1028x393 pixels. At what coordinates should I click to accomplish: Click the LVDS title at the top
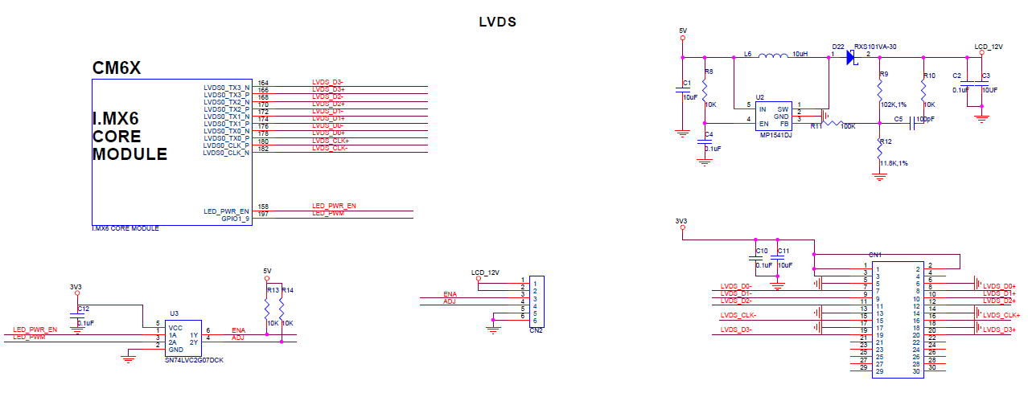(x=497, y=23)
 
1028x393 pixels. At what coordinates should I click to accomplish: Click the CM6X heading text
(x=117, y=69)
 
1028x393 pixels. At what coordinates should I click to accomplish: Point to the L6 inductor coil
(x=773, y=55)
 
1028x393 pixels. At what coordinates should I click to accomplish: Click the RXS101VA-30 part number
(x=875, y=47)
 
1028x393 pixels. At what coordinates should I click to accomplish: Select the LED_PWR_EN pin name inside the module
(x=227, y=211)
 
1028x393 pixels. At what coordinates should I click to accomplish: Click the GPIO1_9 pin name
(x=236, y=219)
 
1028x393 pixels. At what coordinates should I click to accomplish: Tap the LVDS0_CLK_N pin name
(x=226, y=153)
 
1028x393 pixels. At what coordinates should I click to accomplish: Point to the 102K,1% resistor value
(x=893, y=104)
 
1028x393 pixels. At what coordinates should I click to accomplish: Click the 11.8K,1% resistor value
(x=893, y=163)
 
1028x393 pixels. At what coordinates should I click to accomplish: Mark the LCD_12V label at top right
(x=989, y=47)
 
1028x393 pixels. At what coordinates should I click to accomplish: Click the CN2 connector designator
(x=536, y=330)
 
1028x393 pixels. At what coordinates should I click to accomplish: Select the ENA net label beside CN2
(x=450, y=295)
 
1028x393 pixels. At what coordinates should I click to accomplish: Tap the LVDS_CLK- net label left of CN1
(x=738, y=315)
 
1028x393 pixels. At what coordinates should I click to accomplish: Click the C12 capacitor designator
(x=84, y=309)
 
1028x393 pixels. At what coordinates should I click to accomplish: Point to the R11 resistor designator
(x=816, y=126)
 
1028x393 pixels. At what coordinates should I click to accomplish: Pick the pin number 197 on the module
(x=263, y=214)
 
